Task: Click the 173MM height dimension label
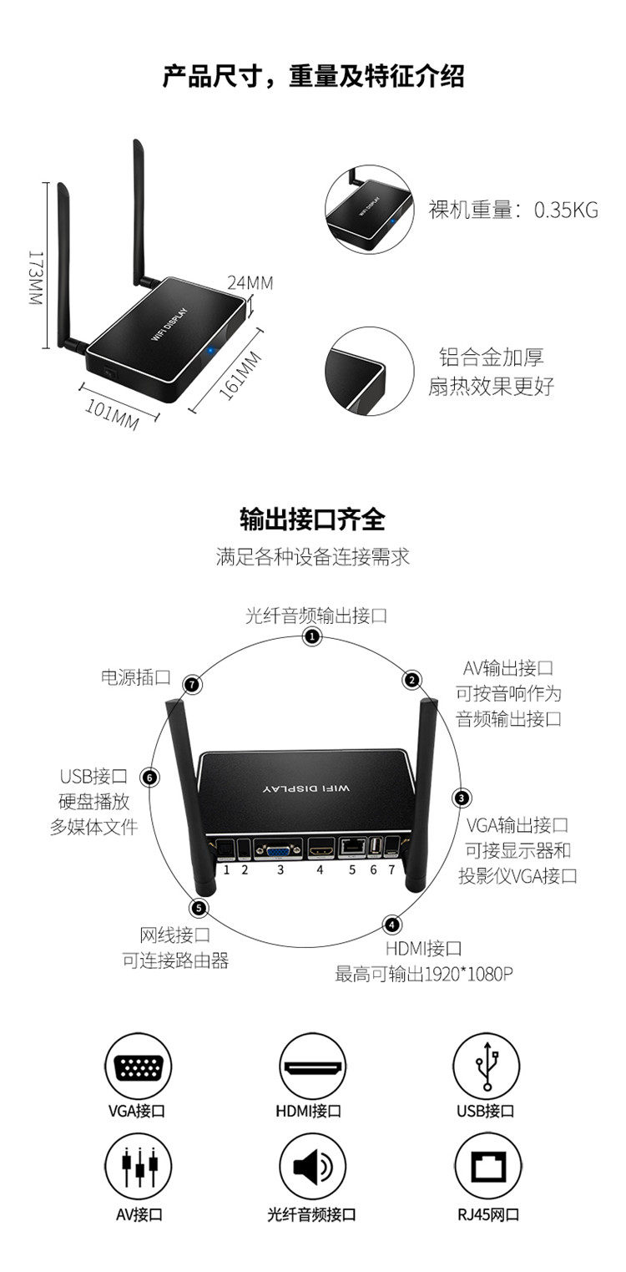pyautogui.click(x=34, y=277)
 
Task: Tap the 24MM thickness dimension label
pyautogui.click(x=250, y=282)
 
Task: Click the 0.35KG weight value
pyautogui.click(x=566, y=210)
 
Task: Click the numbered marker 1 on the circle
pyautogui.click(x=311, y=637)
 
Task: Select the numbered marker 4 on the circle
pyautogui.click(x=392, y=924)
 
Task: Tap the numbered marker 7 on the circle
pyautogui.click(x=193, y=684)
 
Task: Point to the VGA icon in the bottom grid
pyautogui.click(x=138, y=1067)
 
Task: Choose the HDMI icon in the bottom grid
pyautogui.click(x=312, y=1067)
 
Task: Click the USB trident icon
pyautogui.click(x=486, y=1067)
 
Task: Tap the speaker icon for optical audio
pyautogui.click(x=312, y=1167)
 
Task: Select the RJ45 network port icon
pyautogui.click(x=486, y=1167)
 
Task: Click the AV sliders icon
pyautogui.click(x=138, y=1167)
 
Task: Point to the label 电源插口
pyautogui.click(x=135, y=677)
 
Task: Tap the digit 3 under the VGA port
pyautogui.click(x=281, y=869)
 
